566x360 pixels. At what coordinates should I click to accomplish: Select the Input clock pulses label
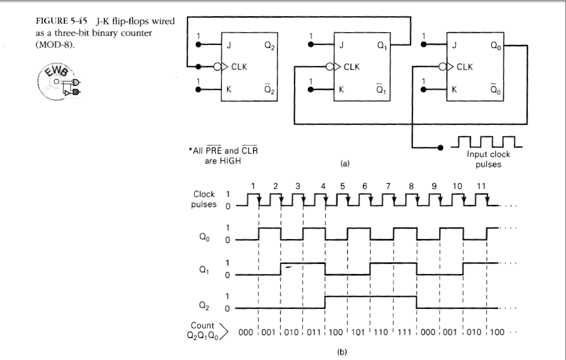click(488, 159)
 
